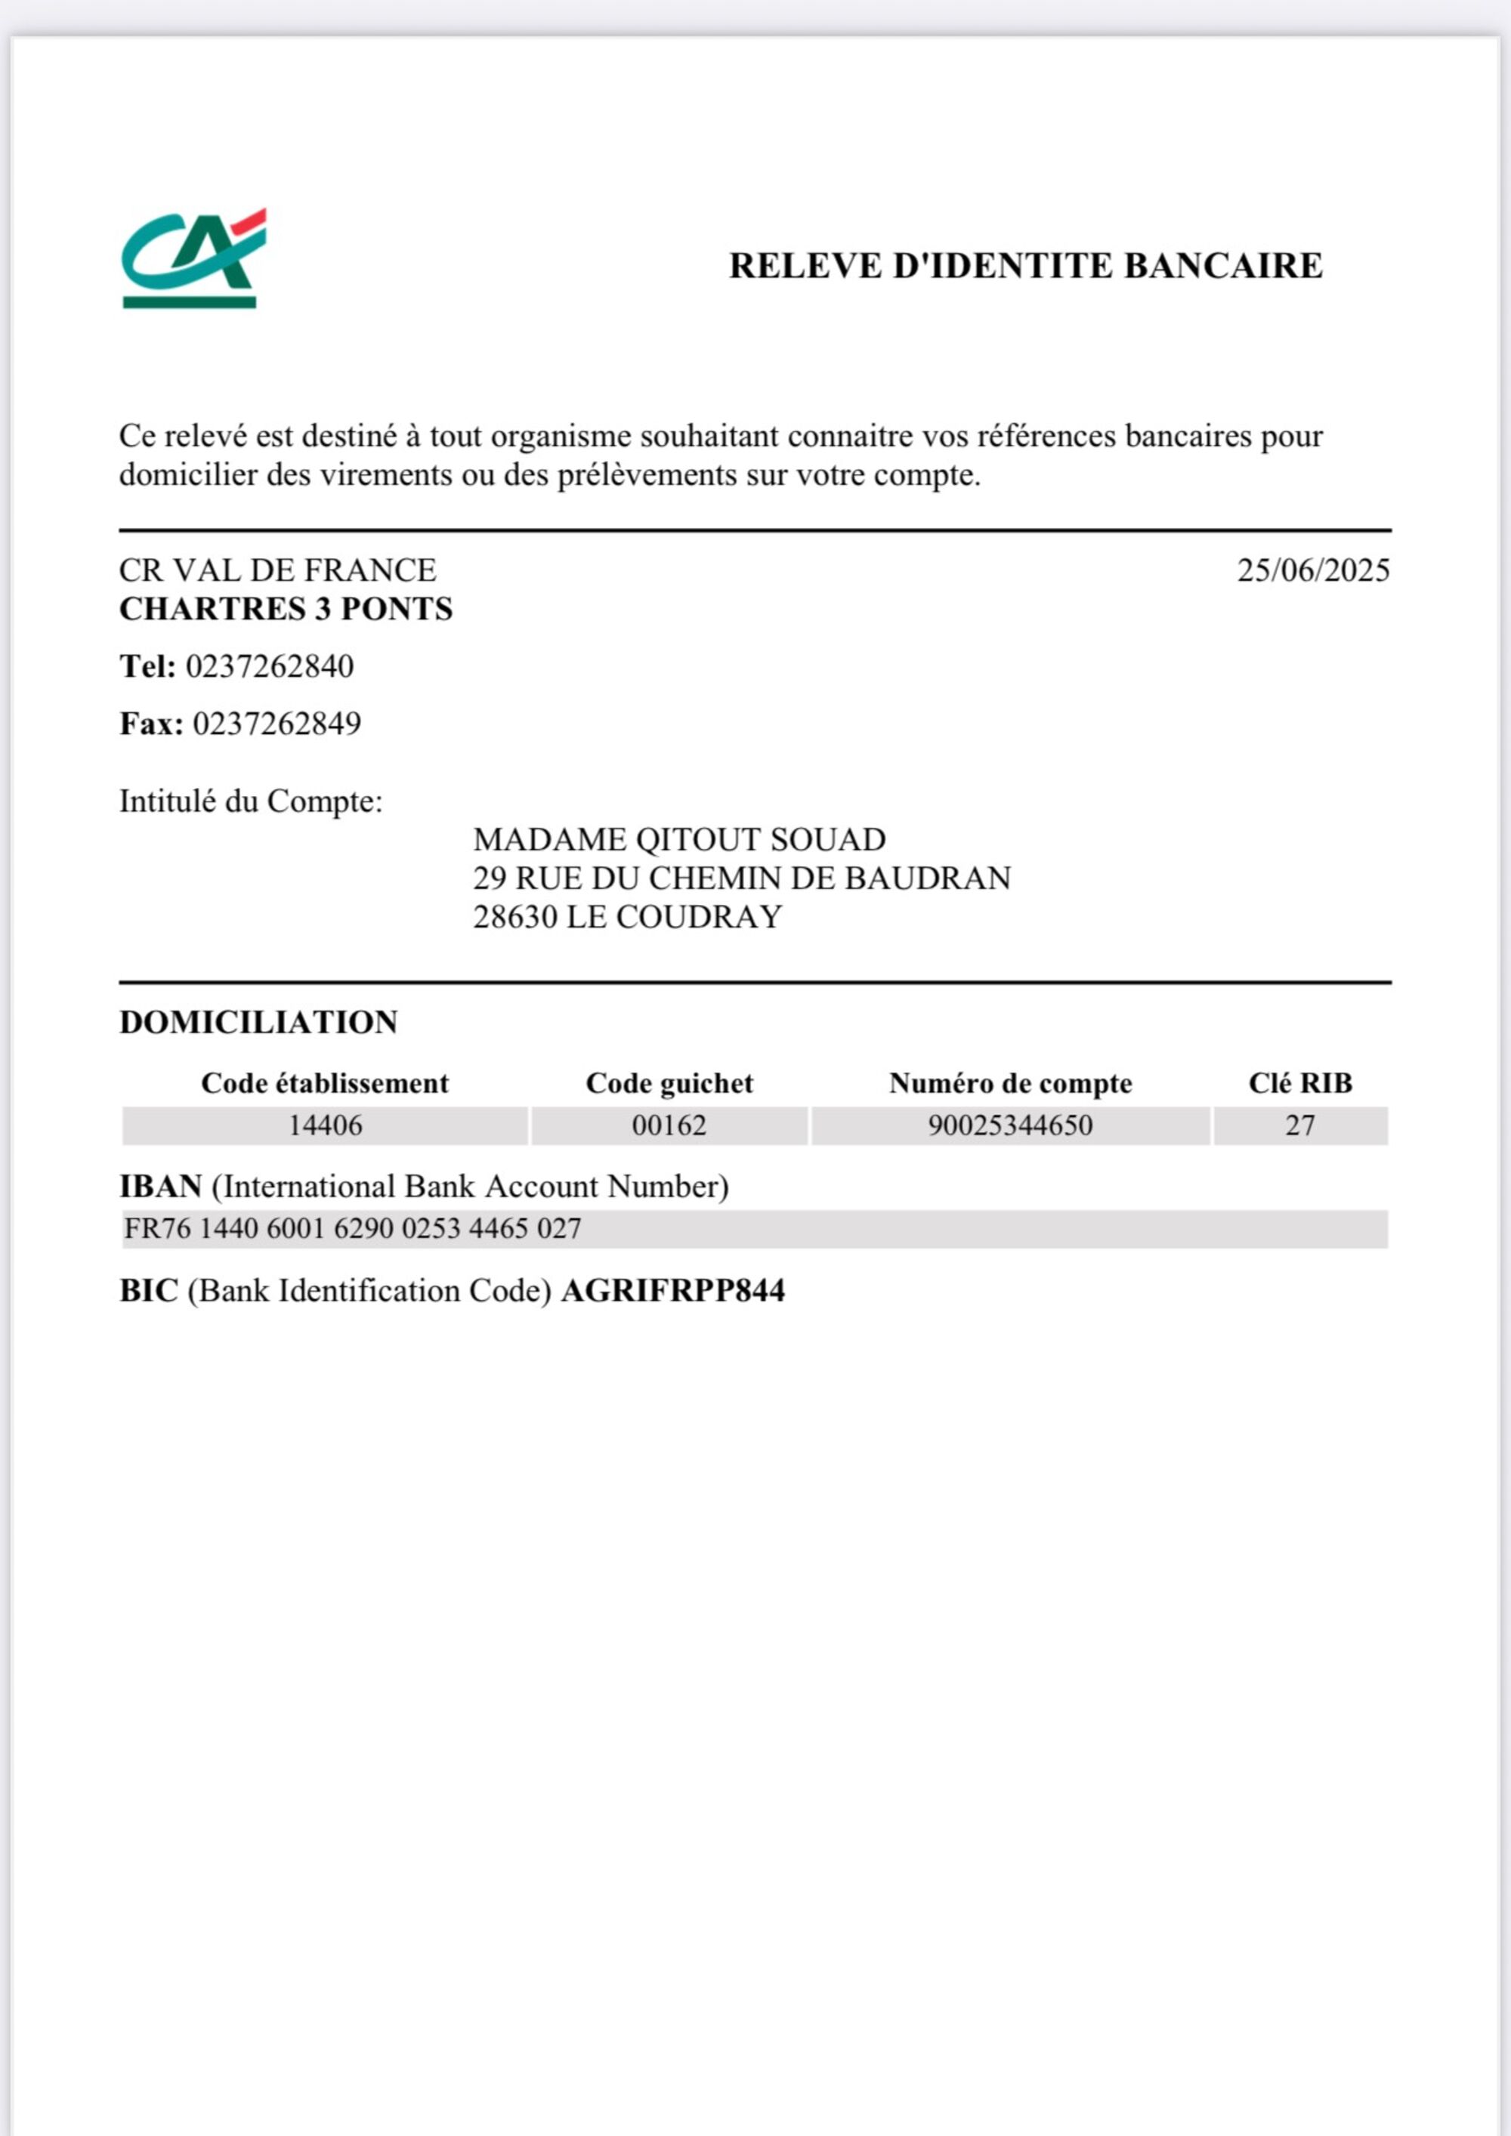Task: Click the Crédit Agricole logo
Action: coord(193,258)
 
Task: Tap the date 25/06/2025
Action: coord(1313,570)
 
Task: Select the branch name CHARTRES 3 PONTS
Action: coord(286,610)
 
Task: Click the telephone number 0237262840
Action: coord(270,667)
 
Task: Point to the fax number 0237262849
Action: coord(277,724)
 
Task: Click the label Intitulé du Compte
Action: coord(250,801)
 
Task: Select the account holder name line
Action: coord(679,840)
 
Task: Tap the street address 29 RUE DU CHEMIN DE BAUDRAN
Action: coord(742,879)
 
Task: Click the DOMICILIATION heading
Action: coord(258,1023)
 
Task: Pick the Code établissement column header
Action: coord(325,1084)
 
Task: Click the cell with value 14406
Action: coord(325,1125)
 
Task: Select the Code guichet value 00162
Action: coord(669,1125)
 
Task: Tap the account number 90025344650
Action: coord(1009,1125)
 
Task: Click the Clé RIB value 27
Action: coord(1299,1125)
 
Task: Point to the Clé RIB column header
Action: coord(1299,1084)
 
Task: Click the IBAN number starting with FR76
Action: coord(353,1229)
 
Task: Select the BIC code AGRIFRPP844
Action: coord(672,1292)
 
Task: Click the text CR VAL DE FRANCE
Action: coord(277,570)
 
